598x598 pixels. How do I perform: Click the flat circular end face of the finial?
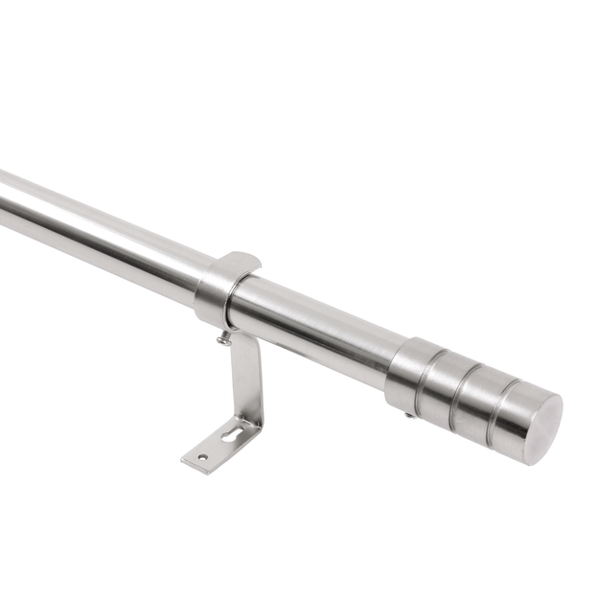pos(538,427)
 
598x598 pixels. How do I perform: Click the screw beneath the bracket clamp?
pos(224,337)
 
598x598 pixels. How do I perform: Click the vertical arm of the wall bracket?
pos(246,379)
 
